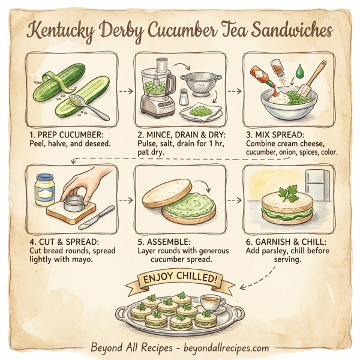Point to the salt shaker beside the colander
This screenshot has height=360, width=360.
click(184, 97)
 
